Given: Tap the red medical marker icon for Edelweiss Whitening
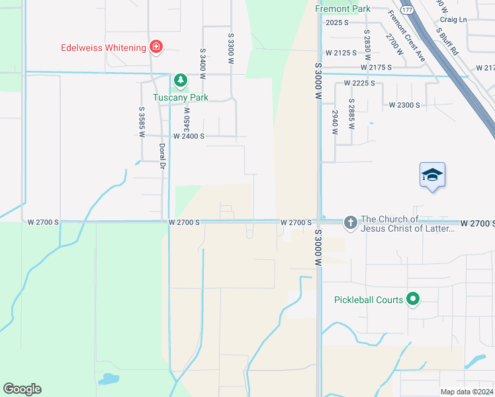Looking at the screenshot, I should (x=156, y=47).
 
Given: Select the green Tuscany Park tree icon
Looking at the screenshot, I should (x=180, y=81).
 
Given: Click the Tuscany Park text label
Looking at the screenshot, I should (x=181, y=97).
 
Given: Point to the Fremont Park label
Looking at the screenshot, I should (x=343, y=9).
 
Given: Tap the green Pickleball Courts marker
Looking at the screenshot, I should (x=413, y=300).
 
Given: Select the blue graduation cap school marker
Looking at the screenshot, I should (x=432, y=175).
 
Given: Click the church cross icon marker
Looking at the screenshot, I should (x=351, y=223).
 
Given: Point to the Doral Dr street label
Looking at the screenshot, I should (x=161, y=156).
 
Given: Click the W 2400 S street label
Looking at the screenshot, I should (x=189, y=136).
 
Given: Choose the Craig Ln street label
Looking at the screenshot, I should (x=453, y=20).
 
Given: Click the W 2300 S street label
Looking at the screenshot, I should (x=404, y=105).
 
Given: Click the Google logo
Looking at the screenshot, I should (x=22, y=389).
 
